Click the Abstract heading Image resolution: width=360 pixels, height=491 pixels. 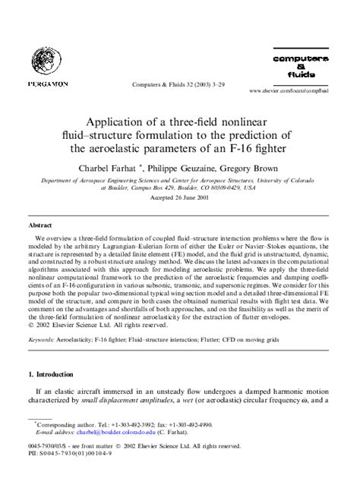click(39, 225)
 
